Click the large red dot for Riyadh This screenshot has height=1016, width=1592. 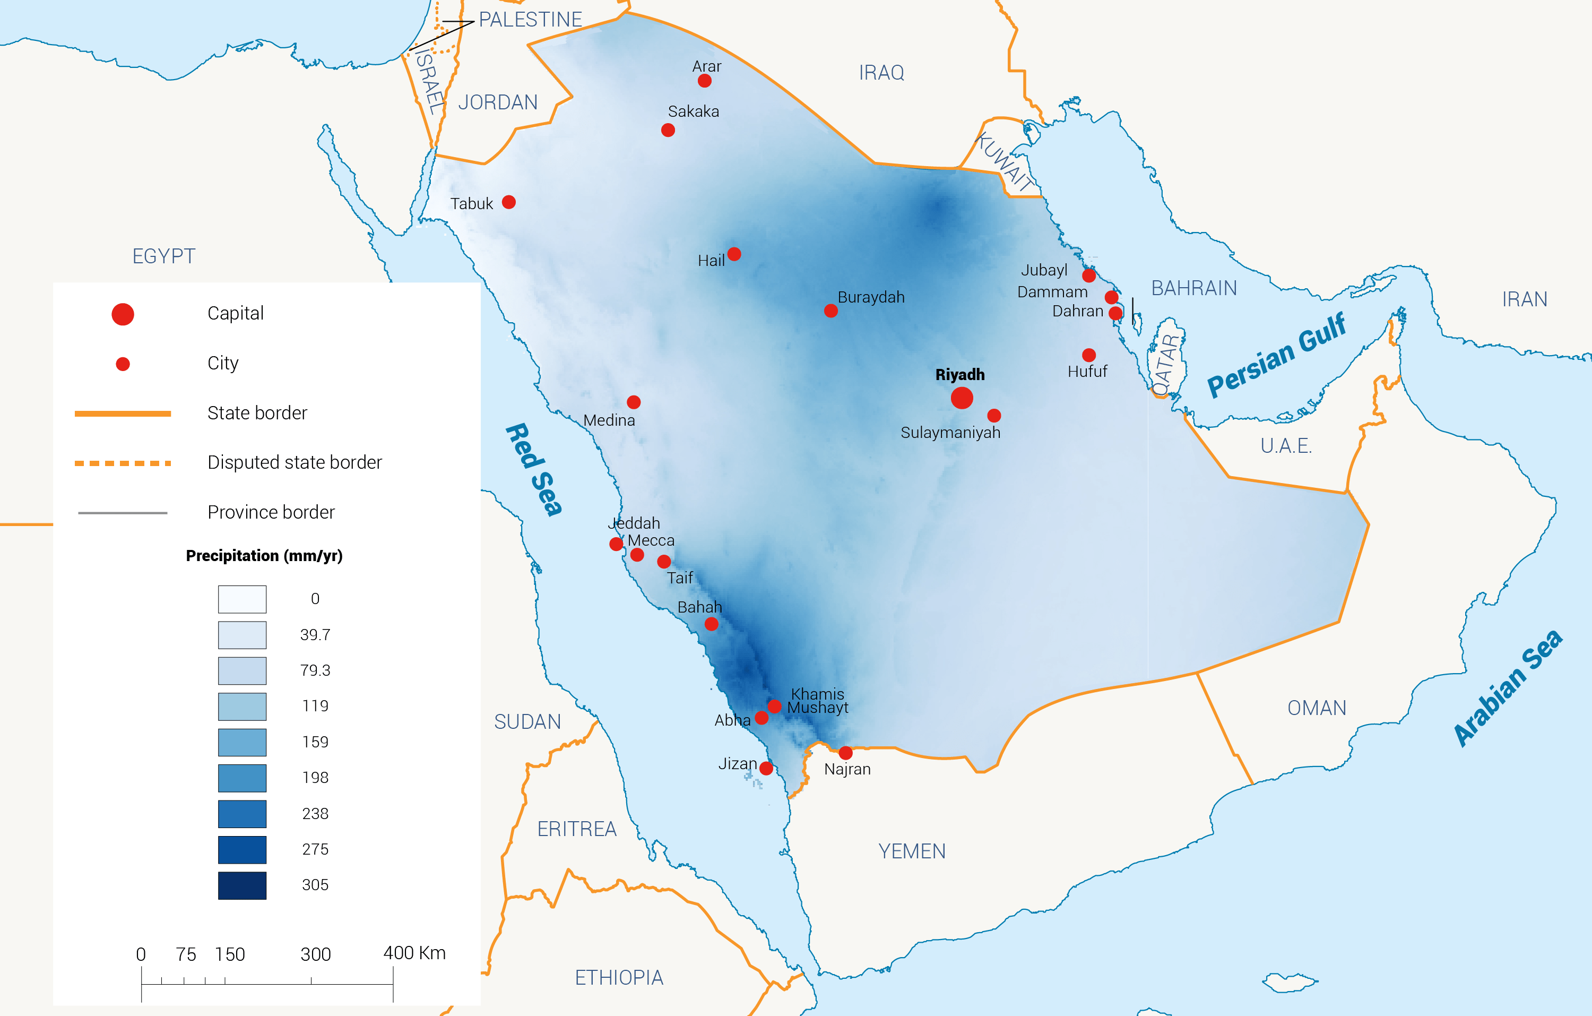pos(962,398)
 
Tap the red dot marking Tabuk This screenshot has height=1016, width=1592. pos(508,202)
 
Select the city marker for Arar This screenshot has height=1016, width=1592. pos(705,81)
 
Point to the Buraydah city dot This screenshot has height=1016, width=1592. pos(831,311)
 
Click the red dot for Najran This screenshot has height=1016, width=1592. pos(845,753)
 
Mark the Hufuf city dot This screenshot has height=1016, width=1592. pos(1089,355)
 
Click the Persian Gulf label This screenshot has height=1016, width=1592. pos(1276,355)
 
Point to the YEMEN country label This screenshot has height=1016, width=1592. pos(912,851)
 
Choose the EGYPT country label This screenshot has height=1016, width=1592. pos(164,256)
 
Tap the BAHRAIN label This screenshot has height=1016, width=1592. pos(1193,288)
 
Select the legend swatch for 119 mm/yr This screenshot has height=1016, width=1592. pos(242,707)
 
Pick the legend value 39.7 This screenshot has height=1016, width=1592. pos(315,635)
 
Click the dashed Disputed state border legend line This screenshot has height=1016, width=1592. pos(123,463)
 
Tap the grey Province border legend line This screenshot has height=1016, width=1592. pos(123,513)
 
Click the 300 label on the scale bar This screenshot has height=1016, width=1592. pos(315,954)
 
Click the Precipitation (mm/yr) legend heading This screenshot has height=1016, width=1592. pos(264,556)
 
